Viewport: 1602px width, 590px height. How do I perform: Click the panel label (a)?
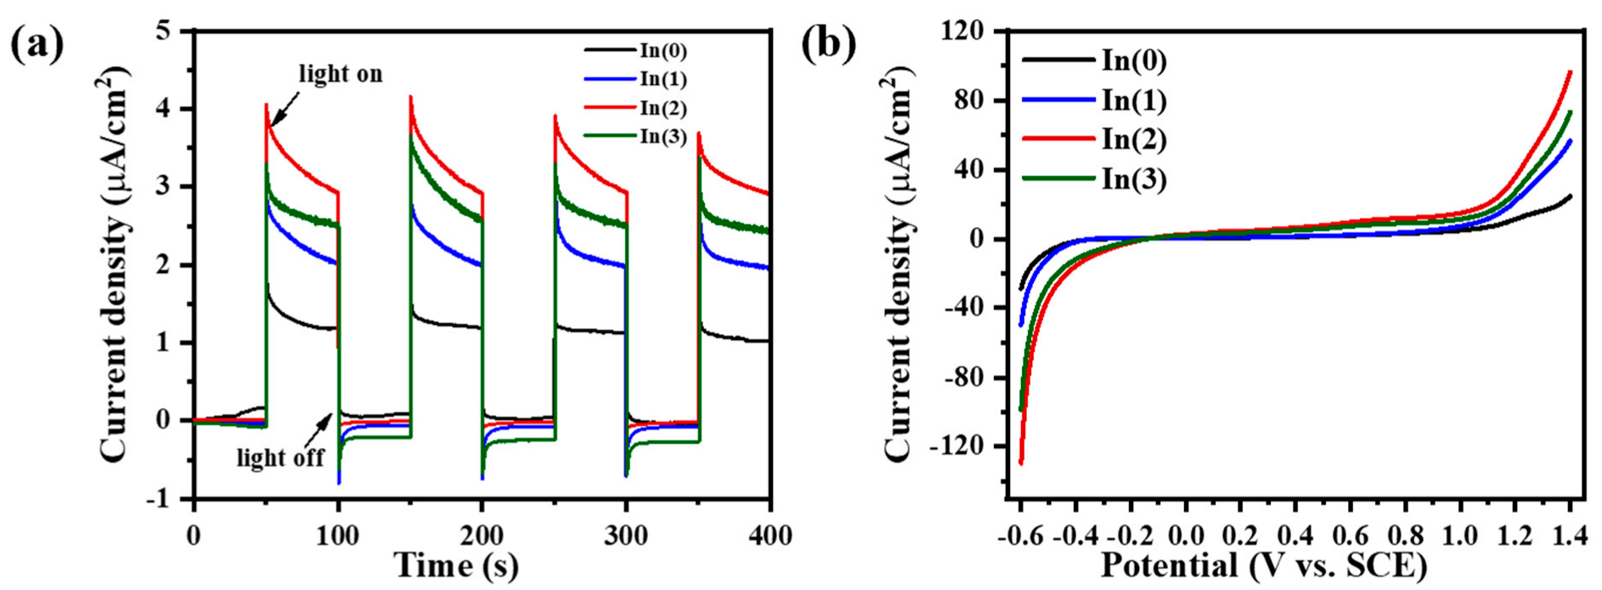click(x=37, y=44)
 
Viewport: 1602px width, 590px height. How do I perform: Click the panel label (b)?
click(x=828, y=44)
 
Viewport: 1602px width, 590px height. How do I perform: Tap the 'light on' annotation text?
click(x=340, y=75)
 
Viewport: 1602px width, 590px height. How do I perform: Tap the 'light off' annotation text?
click(x=280, y=459)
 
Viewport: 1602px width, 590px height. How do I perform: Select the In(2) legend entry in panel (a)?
click(x=663, y=108)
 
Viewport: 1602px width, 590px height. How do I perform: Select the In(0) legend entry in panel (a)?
click(x=663, y=51)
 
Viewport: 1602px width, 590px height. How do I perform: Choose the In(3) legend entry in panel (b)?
click(x=1133, y=179)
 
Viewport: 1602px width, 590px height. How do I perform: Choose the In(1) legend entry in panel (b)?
click(x=1133, y=100)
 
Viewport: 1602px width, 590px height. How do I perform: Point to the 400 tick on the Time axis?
click(x=770, y=536)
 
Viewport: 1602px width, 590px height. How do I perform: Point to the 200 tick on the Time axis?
click(x=482, y=536)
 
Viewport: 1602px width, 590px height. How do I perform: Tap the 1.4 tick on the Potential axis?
click(x=1570, y=536)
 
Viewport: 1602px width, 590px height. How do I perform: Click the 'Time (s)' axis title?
click(x=456, y=565)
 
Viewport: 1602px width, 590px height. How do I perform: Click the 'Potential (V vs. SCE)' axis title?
click(x=1264, y=565)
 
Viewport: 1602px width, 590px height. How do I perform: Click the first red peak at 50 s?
click(x=266, y=105)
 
